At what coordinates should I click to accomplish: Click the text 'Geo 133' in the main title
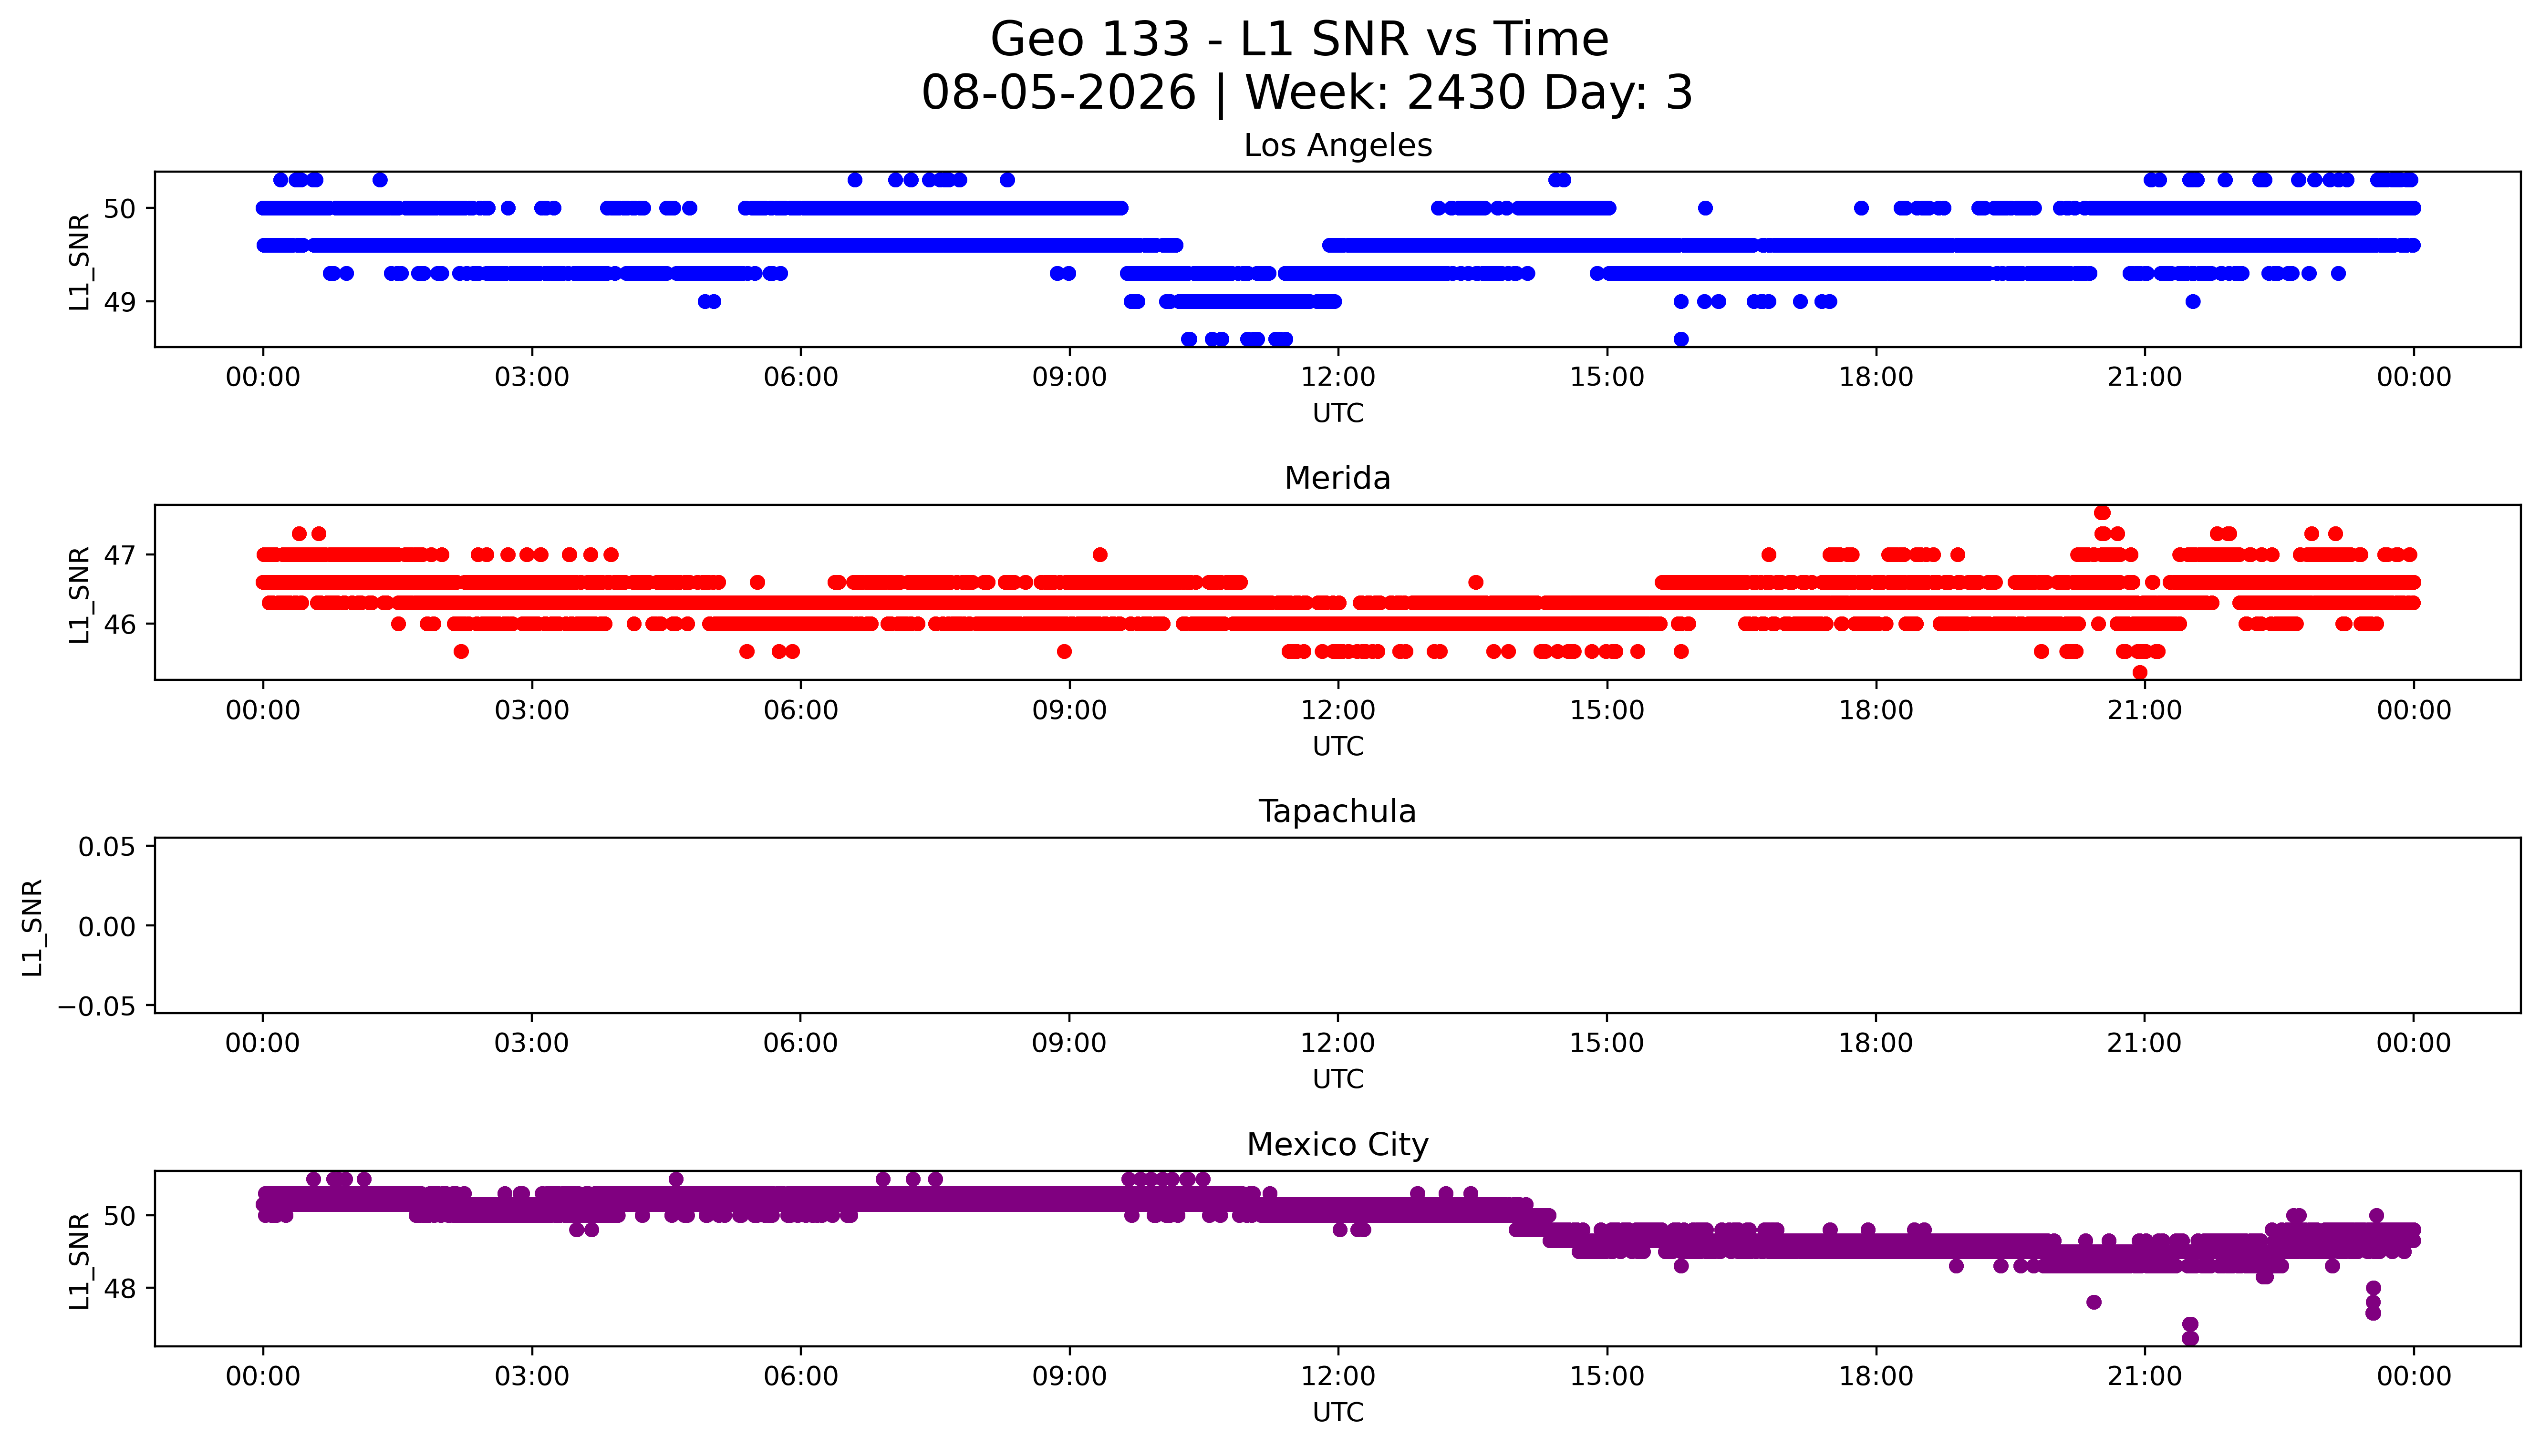point(1090,40)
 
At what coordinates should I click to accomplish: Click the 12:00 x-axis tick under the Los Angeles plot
point(1338,378)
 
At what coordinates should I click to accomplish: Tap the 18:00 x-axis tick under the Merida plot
point(1876,710)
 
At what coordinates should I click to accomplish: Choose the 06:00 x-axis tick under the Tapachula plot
point(801,1043)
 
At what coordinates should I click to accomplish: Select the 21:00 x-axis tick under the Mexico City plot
point(2145,1376)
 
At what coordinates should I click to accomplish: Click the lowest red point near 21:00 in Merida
point(2140,672)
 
